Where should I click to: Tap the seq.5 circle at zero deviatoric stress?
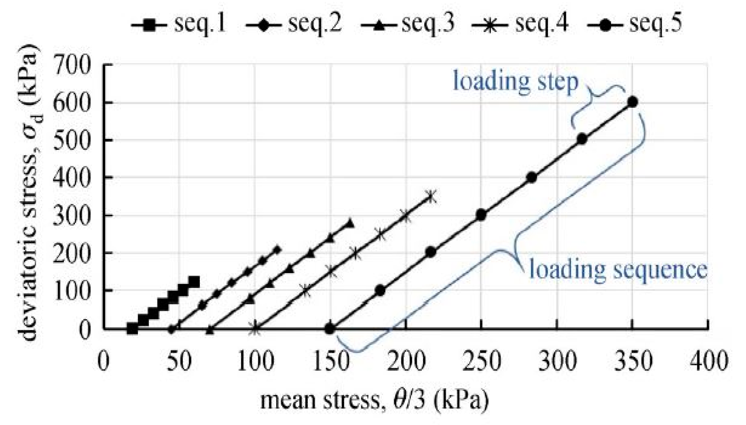pos(330,329)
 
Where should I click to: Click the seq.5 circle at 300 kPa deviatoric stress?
pos(481,215)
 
